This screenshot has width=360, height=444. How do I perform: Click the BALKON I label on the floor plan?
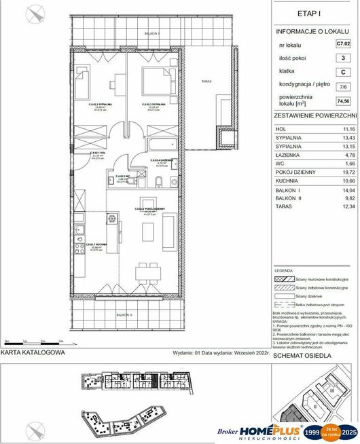click(x=141, y=33)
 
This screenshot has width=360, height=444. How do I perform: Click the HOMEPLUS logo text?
click(x=262, y=430)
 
